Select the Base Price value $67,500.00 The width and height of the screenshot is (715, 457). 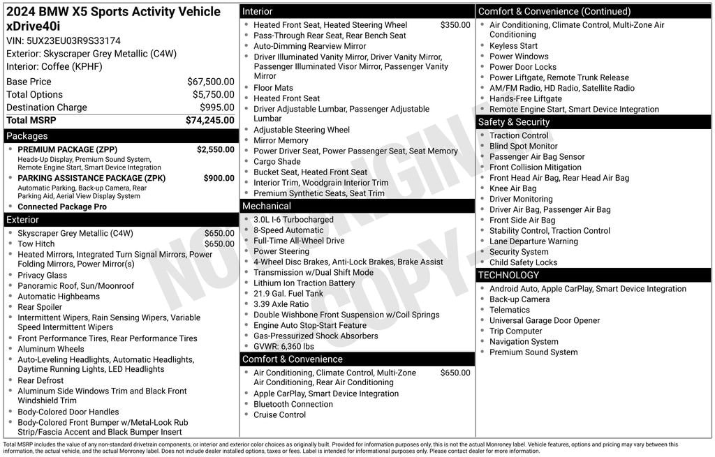[x=210, y=82]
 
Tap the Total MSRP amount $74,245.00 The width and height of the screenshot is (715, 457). [x=209, y=120]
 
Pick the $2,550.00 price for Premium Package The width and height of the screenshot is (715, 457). [x=215, y=149]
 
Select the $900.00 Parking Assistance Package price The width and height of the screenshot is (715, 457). [x=219, y=178]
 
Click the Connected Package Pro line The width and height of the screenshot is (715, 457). [x=62, y=207]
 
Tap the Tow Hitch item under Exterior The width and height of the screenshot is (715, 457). [x=36, y=244]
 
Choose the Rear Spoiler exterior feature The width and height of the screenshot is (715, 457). [x=40, y=307]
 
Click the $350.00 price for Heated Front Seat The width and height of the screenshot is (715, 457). [x=455, y=25]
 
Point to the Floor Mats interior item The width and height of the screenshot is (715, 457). [x=273, y=88]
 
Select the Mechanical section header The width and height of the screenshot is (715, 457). [x=266, y=206]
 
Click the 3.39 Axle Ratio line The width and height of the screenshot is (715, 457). [x=281, y=304]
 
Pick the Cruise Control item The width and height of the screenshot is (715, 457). [x=279, y=414]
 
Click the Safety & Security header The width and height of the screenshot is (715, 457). [x=514, y=122]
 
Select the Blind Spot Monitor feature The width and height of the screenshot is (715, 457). [x=523, y=147]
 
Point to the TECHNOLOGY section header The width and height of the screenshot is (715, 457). [x=508, y=275]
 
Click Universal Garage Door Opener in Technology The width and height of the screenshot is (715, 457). [x=544, y=320]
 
